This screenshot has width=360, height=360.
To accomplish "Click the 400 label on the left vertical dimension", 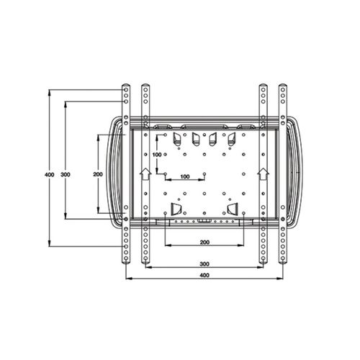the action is click(50, 174).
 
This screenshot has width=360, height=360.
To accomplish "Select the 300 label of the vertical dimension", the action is click(66, 174).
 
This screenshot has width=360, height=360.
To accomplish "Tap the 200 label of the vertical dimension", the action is click(98, 174).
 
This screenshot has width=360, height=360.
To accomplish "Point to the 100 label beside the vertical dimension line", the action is click(157, 155).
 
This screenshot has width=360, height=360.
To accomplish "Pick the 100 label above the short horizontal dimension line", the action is click(185, 176).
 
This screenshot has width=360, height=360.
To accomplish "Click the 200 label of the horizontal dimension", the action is click(204, 242).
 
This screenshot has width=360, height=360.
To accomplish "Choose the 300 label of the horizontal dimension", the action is click(204, 264).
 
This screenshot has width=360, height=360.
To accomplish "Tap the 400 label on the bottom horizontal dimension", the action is click(204, 275).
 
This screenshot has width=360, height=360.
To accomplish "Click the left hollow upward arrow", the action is click(145, 174).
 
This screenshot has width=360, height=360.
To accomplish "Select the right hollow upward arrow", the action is click(264, 174).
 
